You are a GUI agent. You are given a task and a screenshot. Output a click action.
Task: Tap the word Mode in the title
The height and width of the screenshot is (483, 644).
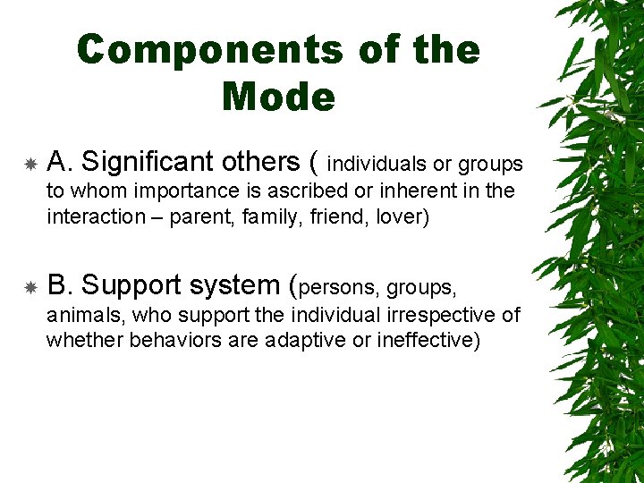pyautogui.click(x=278, y=97)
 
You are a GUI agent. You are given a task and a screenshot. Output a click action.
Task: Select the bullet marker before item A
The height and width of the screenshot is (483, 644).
pyautogui.click(x=30, y=165)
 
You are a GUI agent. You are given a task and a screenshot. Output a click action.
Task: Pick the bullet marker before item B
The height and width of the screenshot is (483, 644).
pyautogui.click(x=30, y=288)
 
